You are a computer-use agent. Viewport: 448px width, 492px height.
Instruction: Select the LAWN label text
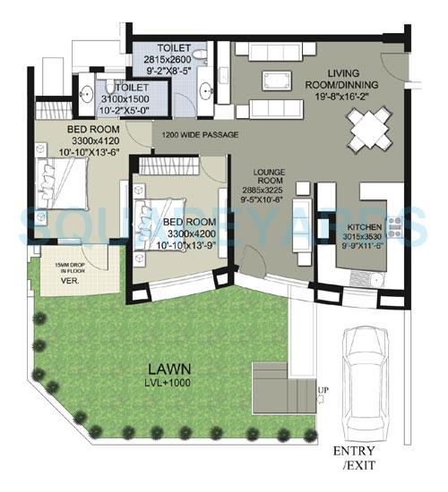pos(168,367)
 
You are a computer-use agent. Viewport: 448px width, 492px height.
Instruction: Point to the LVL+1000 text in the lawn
pos(168,382)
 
